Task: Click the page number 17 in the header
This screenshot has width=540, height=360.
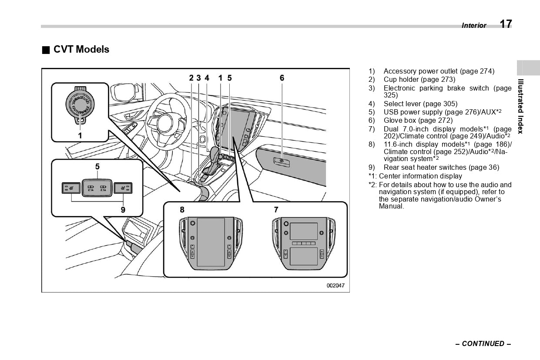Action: click(x=506, y=24)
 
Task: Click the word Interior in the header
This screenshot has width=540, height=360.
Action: click(x=474, y=26)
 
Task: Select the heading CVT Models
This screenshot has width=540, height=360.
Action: click(x=81, y=50)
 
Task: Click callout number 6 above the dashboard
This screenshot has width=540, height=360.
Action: click(x=282, y=78)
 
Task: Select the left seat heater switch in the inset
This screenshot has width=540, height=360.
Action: click(x=70, y=188)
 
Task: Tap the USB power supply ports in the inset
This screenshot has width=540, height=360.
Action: click(x=97, y=188)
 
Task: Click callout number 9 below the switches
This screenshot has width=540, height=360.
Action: click(x=123, y=210)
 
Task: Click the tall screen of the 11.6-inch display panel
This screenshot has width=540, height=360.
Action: click(x=211, y=242)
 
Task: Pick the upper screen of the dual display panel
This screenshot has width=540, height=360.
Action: click(x=304, y=231)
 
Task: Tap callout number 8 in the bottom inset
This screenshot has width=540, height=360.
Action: click(x=182, y=210)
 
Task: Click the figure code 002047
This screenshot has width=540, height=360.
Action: click(x=335, y=286)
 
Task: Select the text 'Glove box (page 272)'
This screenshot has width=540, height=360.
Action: click(x=418, y=121)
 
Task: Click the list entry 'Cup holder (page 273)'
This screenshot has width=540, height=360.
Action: click(x=419, y=80)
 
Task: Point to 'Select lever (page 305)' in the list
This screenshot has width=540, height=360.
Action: click(x=420, y=104)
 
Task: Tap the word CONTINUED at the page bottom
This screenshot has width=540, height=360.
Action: click(x=483, y=344)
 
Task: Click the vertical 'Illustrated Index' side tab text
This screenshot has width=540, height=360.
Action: click(x=520, y=106)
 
